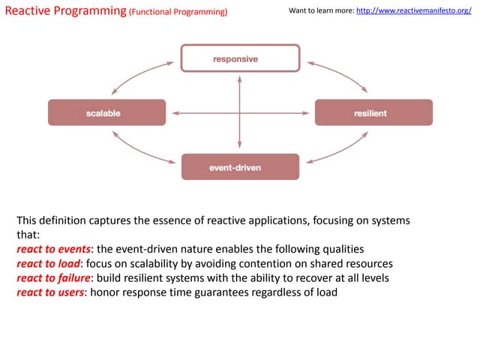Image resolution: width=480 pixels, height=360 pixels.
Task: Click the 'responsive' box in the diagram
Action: [x=240, y=58]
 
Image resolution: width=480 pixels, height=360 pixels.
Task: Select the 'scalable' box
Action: [x=106, y=113]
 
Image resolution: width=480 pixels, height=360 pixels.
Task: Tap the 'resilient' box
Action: [x=373, y=113]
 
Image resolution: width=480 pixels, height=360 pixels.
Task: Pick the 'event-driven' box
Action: [x=240, y=167]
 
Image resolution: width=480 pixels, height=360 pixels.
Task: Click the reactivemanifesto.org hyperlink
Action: [x=418, y=12]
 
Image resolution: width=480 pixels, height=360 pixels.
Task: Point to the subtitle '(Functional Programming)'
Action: [x=178, y=13]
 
